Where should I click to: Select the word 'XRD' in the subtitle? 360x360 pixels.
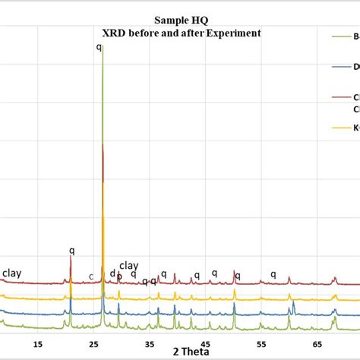coord(115,33)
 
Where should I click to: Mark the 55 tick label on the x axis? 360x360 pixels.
coord(261,343)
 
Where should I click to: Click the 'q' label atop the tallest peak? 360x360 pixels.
coord(99,47)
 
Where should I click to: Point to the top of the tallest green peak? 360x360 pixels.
coord(103,46)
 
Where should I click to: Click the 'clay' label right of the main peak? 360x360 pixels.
coord(129,265)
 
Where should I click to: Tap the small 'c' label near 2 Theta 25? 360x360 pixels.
coord(91,276)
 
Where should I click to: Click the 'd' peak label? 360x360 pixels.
coord(112,273)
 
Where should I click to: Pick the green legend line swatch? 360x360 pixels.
coord(340,35)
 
